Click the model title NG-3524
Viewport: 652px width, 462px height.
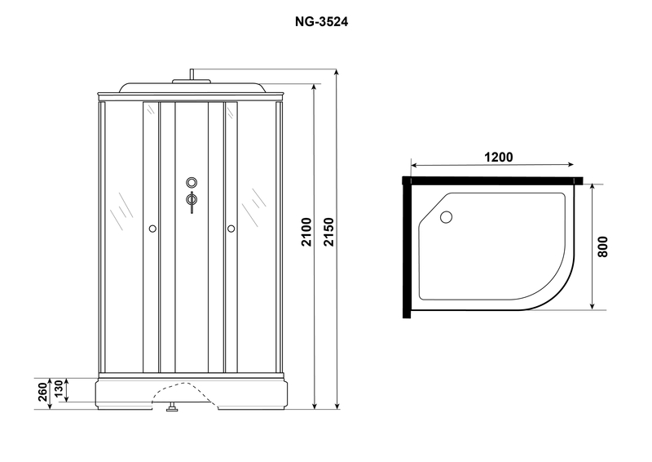pyautogui.click(x=321, y=22)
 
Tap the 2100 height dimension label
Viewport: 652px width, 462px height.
pyautogui.click(x=306, y=232)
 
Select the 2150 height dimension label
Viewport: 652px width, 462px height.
pyautogui.click(x=329, y=232)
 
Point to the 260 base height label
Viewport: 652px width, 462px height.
pyautogui.click(x=43, y=392)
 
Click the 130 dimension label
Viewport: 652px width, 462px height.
pyautogui.click(x=58, y=389)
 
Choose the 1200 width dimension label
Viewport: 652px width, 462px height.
pyautogui.click(x=499, y=158)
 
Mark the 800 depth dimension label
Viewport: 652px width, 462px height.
pyautogui.click(x=602, y=247)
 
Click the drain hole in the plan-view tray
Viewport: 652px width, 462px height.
pyautogui.click(x=446, y=217)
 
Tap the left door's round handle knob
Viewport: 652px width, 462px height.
pyautogui.click(x=152, y=229)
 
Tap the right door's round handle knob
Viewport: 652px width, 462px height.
pyautogui.click(x=231, y=229)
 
